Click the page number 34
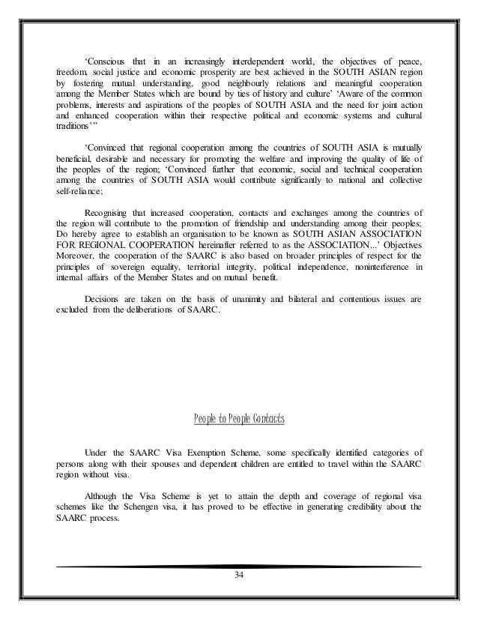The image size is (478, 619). coord(239,576)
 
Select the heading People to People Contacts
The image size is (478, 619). coord(239,417)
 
